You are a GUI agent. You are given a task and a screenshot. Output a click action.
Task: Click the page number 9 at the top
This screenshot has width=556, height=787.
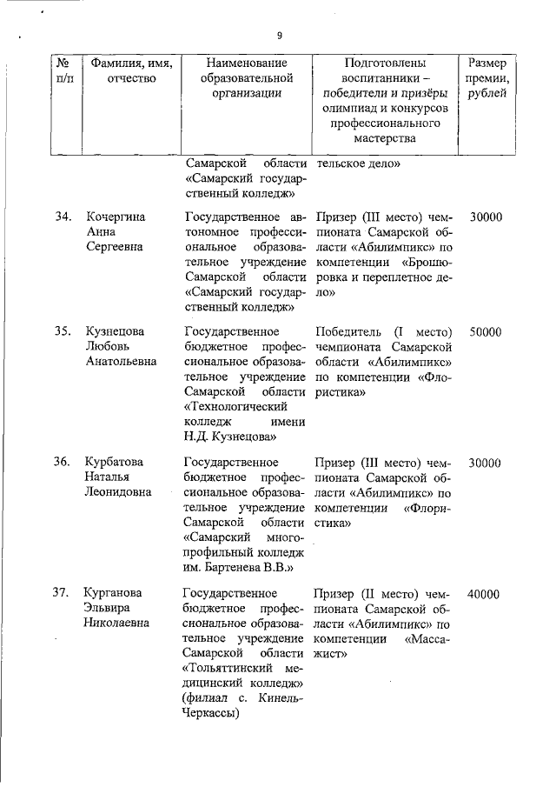click(x=280, y=36)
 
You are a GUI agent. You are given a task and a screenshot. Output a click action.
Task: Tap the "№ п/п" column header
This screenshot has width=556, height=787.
click(x=63, y=70)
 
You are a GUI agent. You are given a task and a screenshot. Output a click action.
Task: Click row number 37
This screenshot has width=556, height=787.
click(x=62, y=593)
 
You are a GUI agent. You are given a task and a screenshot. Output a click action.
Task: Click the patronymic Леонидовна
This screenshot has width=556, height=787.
click(x=117, y=491)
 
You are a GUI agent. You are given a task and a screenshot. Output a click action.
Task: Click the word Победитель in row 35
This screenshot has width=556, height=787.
click(x=350, y=331)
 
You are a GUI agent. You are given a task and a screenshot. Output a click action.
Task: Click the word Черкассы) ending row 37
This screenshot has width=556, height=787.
click(x=214, y=713)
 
